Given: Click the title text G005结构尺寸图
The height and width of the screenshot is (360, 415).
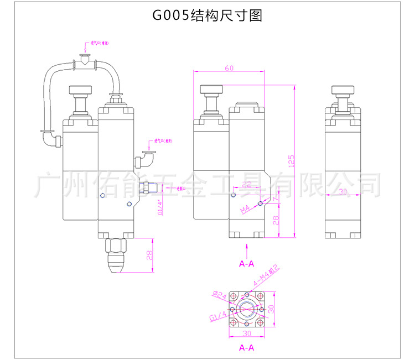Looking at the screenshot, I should click(x=207, y=15).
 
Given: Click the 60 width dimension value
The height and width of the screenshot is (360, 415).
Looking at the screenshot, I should click(x=229, y=68).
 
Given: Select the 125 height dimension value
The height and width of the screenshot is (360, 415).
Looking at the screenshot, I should click(x=292, y=160).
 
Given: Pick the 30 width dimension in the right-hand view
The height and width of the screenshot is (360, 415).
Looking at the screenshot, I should click(x=342, y=191).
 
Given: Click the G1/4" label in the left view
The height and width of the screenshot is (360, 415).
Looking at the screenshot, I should click(x=160, y=207).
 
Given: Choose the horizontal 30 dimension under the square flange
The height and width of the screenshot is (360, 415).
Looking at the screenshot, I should click(x=247, y=333).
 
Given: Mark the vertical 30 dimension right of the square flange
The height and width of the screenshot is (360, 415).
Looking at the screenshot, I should click(x=271, y=308).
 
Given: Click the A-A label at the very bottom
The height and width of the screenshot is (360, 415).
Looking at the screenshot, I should click(x=246, y=348).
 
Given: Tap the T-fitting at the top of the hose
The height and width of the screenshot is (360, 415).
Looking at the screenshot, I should click(x=85, y=63).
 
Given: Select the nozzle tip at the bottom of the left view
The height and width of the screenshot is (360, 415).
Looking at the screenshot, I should click(x=115, y=269).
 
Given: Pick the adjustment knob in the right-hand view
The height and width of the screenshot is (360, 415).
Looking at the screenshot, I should click(x=343, y=91).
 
